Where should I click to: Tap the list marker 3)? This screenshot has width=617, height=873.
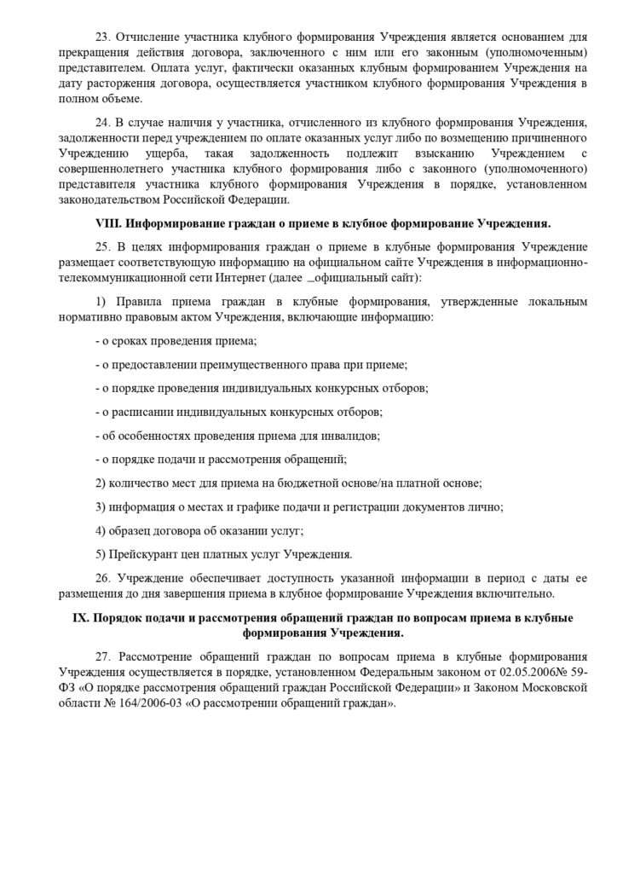[x=99, y=506]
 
